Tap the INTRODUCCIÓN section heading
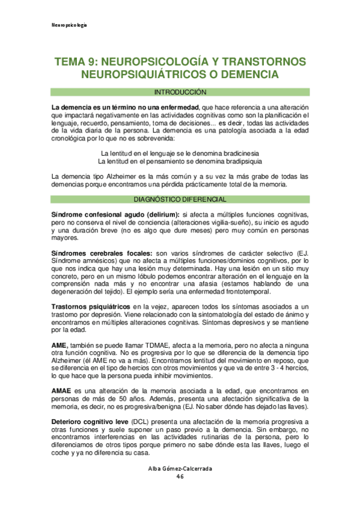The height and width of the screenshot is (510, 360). tap(180, 93)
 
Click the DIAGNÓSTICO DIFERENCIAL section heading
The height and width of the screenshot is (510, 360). tap(180, 199)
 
